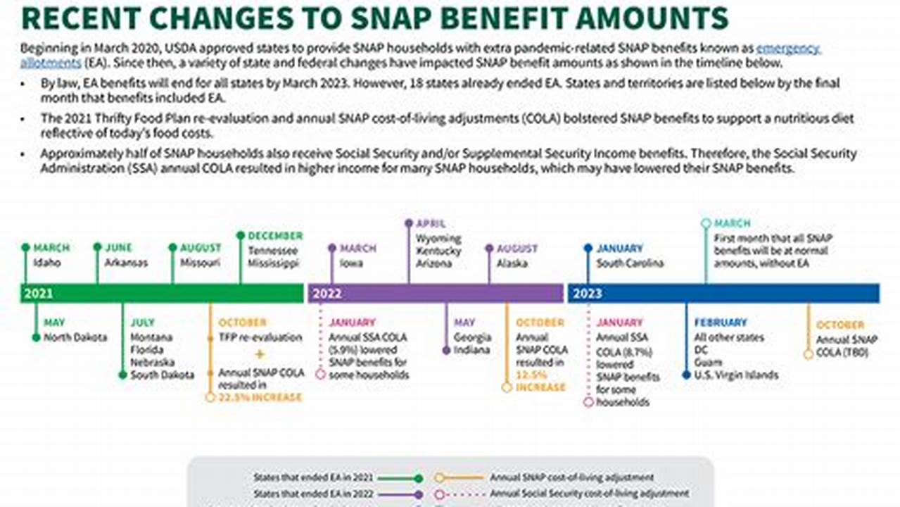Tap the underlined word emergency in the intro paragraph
click(788, 49)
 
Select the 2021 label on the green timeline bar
click(38, 294)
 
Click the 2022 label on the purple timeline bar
click(327, 294)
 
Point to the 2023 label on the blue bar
click(587, 294)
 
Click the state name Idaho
click(47, 263)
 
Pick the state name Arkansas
click(126, 263)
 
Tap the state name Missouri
click(200, 263)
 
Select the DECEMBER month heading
click(275, 236)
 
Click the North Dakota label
click(75, 337)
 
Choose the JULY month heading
click(142, 323)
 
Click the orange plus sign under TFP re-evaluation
click(260, 354)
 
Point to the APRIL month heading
click(431, 223)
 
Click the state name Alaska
click(513, 263)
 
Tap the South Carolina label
click(630, 263)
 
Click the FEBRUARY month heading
click(721, 323)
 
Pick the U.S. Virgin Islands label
click(736, 375)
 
